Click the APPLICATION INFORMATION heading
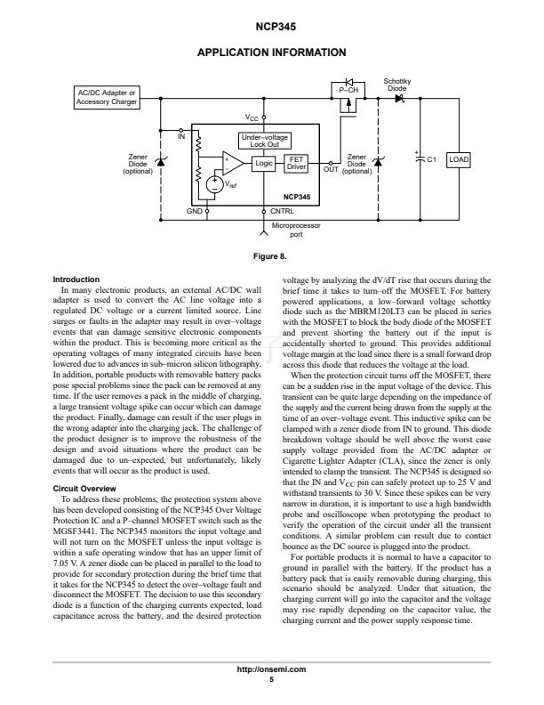[272, 53]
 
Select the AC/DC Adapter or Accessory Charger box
[108, 97]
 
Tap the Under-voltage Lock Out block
[264, 141]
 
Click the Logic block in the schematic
[263, 163]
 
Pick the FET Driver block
[296, 163]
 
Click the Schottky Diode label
[397, 85]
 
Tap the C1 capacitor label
[432, 160]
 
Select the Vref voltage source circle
[215, 184]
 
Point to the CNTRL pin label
[282, 211]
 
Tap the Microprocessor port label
[297, 231]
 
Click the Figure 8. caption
[272, 257]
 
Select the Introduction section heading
[77, 280]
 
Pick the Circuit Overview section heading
[84, 490]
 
